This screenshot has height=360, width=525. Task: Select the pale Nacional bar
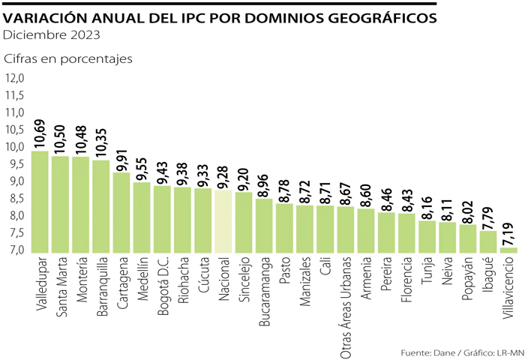coord(223,220)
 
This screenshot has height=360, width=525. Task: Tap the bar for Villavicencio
coord(508,250)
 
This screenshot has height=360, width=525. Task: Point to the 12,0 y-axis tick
coord(16,78)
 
